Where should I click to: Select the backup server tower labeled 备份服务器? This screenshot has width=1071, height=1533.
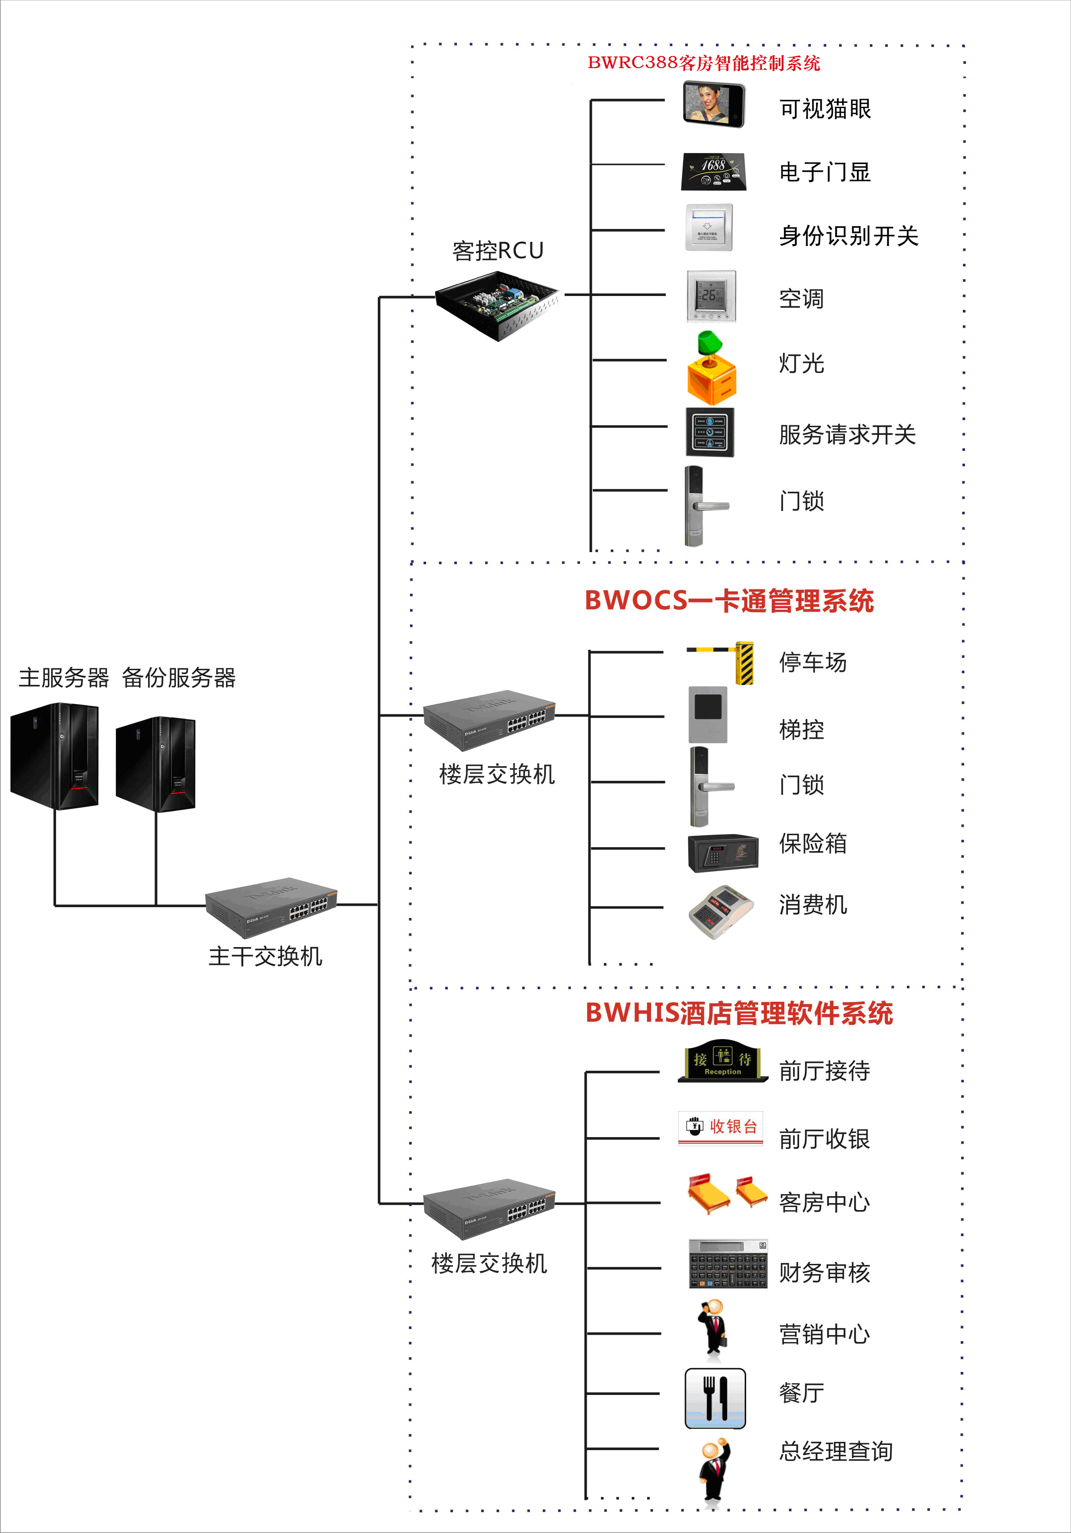click(155, 764)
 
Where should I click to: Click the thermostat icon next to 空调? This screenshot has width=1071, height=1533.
click(711, 296)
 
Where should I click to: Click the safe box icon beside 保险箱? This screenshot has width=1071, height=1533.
click(723, 852)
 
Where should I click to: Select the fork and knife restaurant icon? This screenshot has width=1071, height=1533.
click(715, 1398)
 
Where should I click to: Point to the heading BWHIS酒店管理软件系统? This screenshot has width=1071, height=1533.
click(739, 1013)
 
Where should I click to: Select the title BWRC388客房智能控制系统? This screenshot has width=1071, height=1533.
click(704, 63)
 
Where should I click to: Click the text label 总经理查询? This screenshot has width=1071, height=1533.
click(836, 1451)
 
